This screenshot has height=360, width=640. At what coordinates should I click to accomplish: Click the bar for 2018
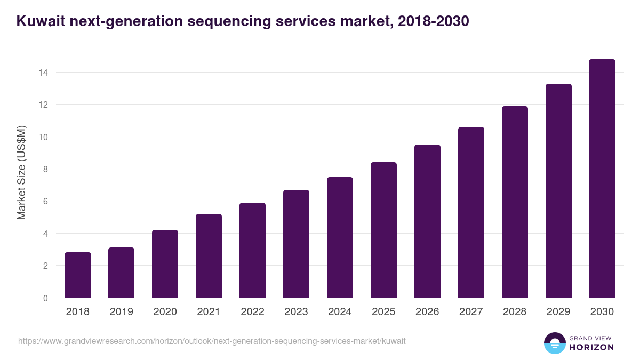click(78, 275)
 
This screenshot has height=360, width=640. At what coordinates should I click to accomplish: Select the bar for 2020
click(165, 264)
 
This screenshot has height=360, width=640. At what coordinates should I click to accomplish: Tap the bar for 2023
click(297, 244)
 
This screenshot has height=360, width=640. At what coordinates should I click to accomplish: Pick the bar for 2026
click(428, 221)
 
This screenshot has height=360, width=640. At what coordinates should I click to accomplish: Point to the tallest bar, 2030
click(602, 179)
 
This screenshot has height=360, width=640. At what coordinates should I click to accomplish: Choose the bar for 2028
click(515, 202)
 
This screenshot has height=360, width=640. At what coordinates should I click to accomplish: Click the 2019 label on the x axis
click(122, 312)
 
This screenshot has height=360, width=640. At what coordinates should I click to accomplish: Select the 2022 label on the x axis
click(253, 312)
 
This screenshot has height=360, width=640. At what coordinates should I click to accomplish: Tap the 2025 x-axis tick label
click(384, 312)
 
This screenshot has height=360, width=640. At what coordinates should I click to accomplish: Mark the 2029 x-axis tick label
click(558, 312)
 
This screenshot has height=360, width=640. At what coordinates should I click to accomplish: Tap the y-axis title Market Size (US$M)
click(21, 173)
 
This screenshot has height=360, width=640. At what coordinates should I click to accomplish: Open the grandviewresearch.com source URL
click(212, 341)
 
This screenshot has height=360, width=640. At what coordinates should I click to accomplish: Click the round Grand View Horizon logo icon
click(554, 343)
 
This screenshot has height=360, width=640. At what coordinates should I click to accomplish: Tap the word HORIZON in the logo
click(592, 347)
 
